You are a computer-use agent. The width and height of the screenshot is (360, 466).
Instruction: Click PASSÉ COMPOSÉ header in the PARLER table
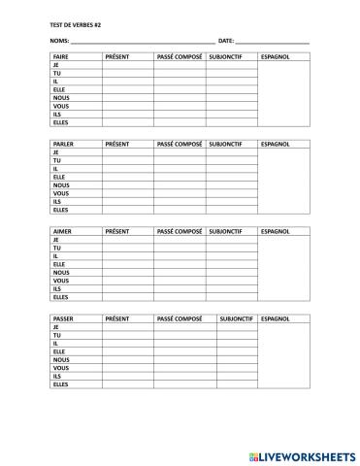[179, 144]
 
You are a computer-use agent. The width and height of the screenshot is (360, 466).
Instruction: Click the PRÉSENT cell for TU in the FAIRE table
[127, 74]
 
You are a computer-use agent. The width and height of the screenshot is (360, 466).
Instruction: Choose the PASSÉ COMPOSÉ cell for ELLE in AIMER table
[180, 264]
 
